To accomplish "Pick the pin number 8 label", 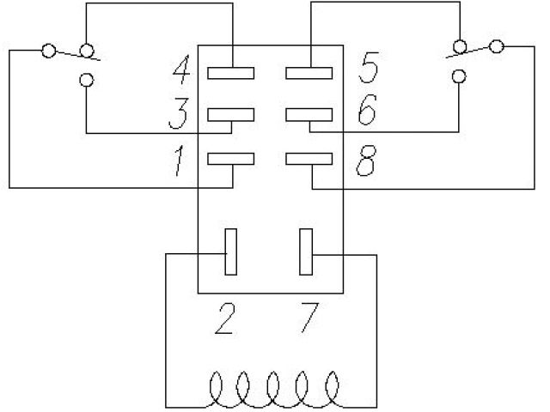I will pyautogui.click(x=365, y=162).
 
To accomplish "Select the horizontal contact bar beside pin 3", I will pyautogui.click(x=231, y=114).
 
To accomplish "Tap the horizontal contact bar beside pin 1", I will pyautogui.click(x=231, y=158).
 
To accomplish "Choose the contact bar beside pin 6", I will pyautogui.click(x=309, y=114).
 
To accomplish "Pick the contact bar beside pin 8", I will pyautogui.click(x=309, y=158).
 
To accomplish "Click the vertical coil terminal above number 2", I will pyautogui.click(x=230, y=252).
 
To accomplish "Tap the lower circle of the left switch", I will pyautogui.click(x=85, y=81).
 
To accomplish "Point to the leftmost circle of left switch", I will pyautogui.click(x=48, y=51).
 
